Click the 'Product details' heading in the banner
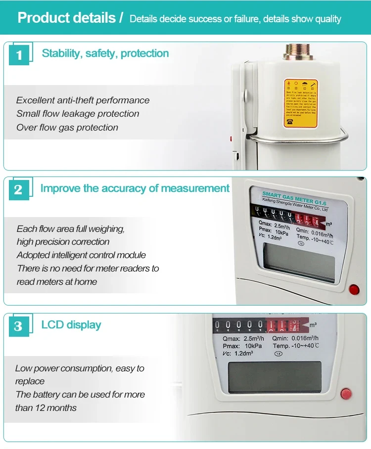tap(66, 18)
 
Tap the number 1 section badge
tap(19, 54)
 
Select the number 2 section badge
tap(18, 190)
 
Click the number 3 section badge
tap(18, 326)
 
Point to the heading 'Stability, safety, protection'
tap(105, 53)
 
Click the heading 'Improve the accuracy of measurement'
tap(135, 188)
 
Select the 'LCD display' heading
tap(71, 325)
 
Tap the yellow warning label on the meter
tap(300, 103)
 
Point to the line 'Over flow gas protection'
tap(67, 128)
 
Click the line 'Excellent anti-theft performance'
tap(83, 100)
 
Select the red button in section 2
tap(354, 289)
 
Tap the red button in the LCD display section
tap(346, 394)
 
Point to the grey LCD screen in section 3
tap(274, 377)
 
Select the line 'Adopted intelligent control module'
tap(81, 255)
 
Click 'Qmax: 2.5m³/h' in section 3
tap(242, 338)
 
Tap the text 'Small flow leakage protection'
tap(78, 114)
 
